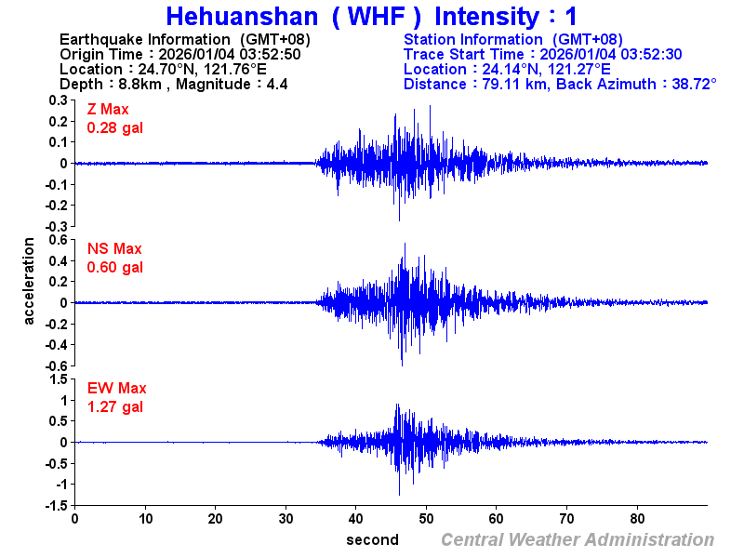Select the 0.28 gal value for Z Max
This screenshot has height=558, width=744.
(x=114, y=127)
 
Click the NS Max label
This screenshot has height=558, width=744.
(x=114, y=249)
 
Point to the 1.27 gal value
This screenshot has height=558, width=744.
(x=114, y=406)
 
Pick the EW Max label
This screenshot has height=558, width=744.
(x=116, y=389)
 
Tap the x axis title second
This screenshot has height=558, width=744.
(x=372, y=540)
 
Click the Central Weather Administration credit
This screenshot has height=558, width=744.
(x=578, y=540)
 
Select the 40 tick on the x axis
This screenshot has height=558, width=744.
(x=356, y=519)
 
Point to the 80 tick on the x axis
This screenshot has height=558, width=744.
(x=638, y=519)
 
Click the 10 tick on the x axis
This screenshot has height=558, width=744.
(x=145, y=519)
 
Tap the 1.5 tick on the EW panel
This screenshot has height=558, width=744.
(x=57, y=379)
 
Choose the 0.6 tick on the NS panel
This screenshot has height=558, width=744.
(x=57, y=240)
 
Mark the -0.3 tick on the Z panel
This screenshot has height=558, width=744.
(x=55, y=226)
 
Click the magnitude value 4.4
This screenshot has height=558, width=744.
(x=276, y=84)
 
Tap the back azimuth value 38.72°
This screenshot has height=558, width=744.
(x=689, y=84)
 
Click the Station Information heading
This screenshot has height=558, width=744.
(x=474, y=39)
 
